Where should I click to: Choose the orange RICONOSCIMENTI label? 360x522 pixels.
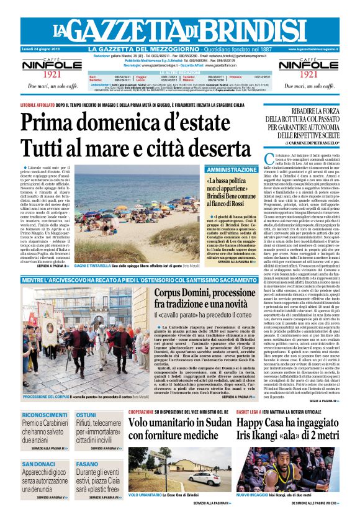coord(45,415)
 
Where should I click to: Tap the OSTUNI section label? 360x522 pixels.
coord(86,415)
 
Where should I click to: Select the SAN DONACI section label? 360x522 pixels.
coord(38,464)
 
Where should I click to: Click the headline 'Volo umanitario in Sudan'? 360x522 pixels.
coord(179,423)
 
